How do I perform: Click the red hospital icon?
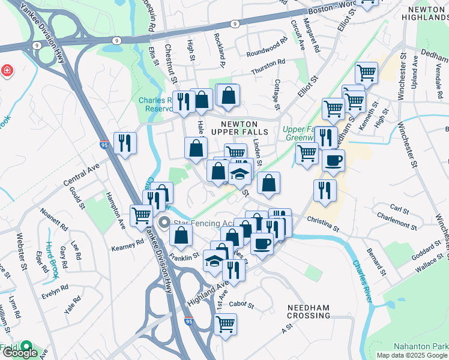coord(7,71)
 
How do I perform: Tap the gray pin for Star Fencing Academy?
coord(164,223)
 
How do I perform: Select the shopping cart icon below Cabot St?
coord(225,325)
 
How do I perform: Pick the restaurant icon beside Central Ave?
coord(125,142)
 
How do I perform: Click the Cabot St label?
coord(243,305)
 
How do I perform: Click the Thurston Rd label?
coord(268,64)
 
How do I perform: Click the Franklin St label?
coord(184,256)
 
